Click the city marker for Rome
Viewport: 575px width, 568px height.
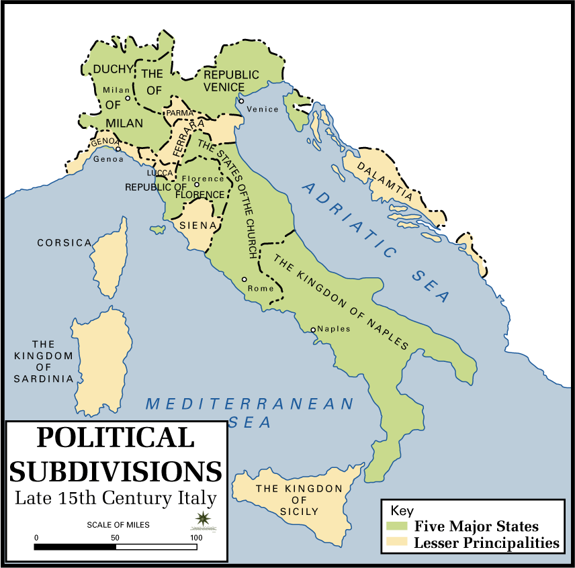[244, 279]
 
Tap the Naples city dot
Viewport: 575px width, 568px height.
[313, 329]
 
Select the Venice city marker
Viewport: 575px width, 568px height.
[241, 101]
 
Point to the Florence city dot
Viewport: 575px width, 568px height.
[197, 184]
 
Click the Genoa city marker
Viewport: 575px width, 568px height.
[118, 149]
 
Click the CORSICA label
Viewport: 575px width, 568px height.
[64, 242]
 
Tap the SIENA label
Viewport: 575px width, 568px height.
[198, 226]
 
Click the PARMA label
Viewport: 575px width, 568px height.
[179, 113]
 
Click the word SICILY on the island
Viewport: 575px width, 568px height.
[299, 511]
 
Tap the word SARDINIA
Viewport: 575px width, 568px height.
[44, 379]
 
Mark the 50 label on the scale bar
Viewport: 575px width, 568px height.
[116, 538]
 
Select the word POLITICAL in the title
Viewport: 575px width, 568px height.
[115, 437]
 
